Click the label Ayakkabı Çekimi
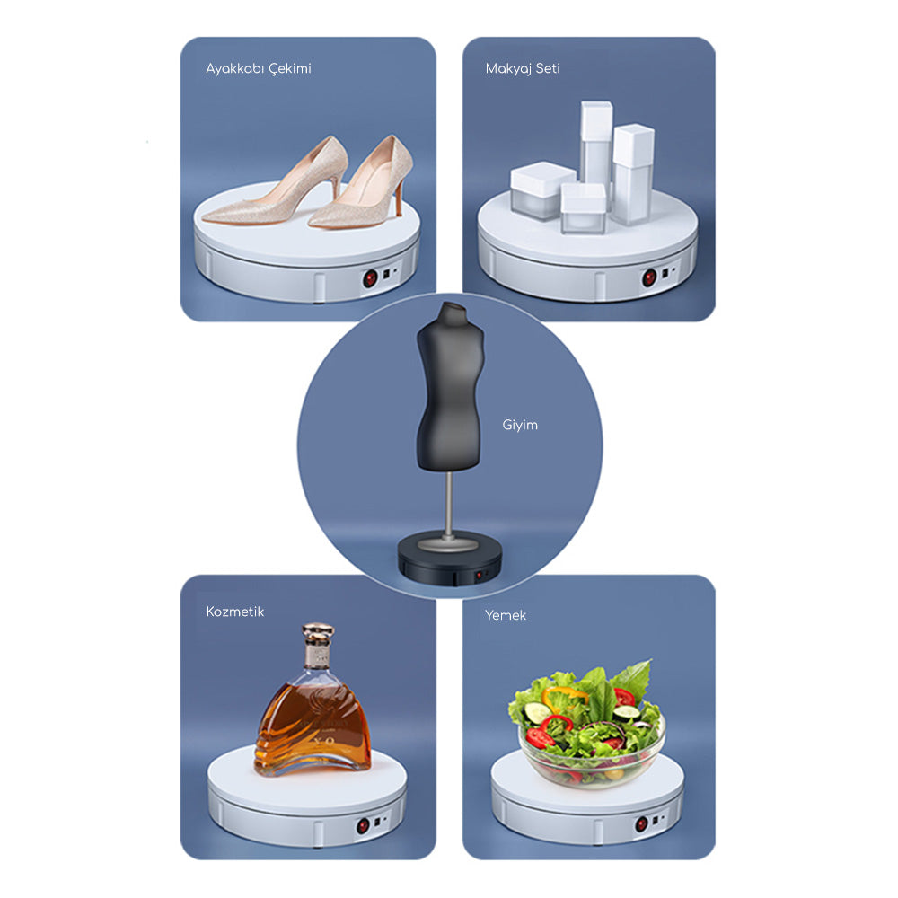(x=259, y=69)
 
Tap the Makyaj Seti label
(x=522, y=68)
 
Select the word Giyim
(x=520, y=425)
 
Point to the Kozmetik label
(x=235, y=612)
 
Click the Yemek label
(x=506, y=615)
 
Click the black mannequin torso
(x=449, y=386)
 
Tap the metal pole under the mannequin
(x=449, y=503)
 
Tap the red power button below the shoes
(x=369, y=279)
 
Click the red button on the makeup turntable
(x=648, y=278)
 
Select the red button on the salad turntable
(x=642, y=823)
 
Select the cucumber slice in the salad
(x=535, y=713)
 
